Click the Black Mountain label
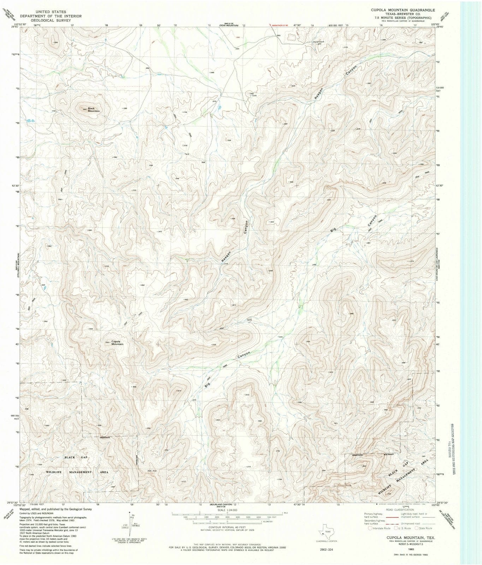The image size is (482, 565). (x=94, y=110)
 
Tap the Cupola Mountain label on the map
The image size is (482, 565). (x=117, y=343)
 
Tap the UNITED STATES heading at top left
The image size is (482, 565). (x=50, y=12)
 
